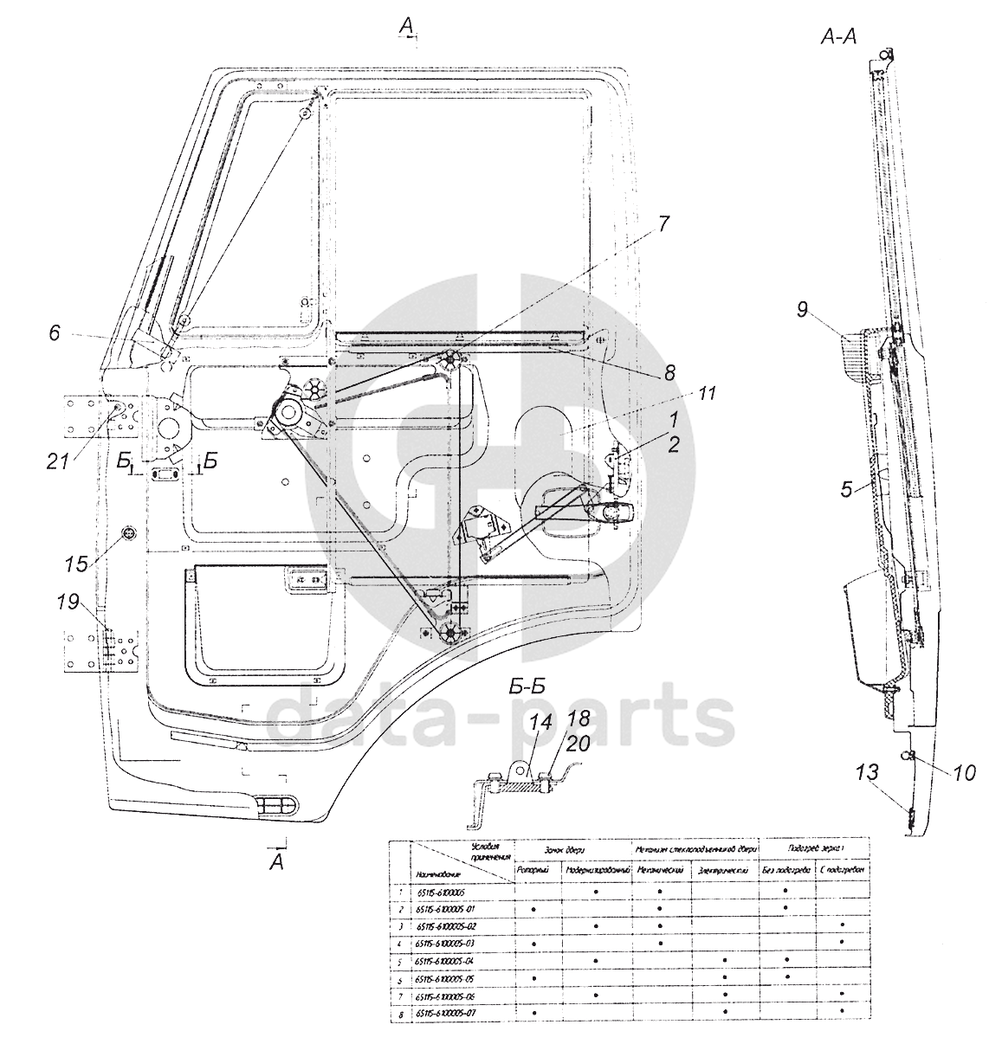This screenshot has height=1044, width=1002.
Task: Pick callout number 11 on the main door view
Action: [x=708, y=394]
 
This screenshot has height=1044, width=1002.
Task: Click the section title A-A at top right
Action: [x=838, y=38]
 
